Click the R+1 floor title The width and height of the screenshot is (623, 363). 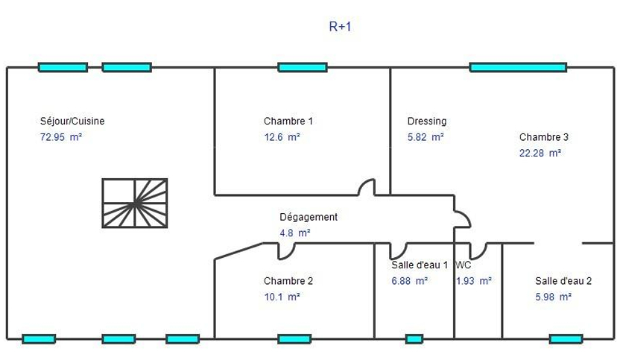[x=340, y=26]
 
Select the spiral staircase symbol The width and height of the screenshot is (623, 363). [x=135, y=203]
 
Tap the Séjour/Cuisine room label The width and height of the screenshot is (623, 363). [x=72, y=121]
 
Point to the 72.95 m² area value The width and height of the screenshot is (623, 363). [x=61, y=136]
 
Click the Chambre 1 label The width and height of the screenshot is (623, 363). [x=288, y=121]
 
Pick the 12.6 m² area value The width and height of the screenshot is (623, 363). [x=282, y=136]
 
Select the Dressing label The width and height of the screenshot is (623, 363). [x=427, y=121]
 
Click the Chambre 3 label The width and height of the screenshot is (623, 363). [x=543, y=136]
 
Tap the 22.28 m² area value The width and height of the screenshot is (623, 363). [x=540, y=153]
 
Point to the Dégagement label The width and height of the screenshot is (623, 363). [x=309, y=217]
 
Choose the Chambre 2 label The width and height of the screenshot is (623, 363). [x=288, y=281]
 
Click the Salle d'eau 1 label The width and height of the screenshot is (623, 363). [x=420, y=265]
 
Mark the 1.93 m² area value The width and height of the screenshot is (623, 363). [x=474, y=281]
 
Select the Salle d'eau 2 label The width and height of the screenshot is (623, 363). [x=563, y=281]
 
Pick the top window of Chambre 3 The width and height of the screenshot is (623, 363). [x=518, y=67]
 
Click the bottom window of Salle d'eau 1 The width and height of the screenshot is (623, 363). [x=414, y=339]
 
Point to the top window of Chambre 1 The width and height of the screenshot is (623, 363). [x=303, y=67]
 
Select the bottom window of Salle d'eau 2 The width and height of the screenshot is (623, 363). [x=566, y=339]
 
